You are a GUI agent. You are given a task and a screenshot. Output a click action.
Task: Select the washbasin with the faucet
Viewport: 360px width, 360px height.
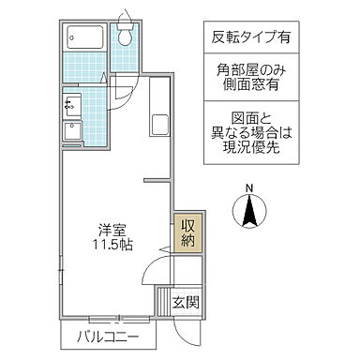click(x=73, y=105)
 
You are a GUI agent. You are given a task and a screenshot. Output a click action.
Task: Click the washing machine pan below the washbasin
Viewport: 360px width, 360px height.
click(x=73, y=131)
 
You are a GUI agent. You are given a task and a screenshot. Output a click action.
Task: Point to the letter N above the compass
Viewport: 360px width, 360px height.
click(x=248, y=187)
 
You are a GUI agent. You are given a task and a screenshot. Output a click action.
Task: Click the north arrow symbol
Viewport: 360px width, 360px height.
click(x=249, y=212)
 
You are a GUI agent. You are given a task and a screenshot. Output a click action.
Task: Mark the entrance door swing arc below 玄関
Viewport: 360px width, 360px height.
click(x=184, y=329)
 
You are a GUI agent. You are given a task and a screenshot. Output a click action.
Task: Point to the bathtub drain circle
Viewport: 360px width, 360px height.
click(x=75, y=38)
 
